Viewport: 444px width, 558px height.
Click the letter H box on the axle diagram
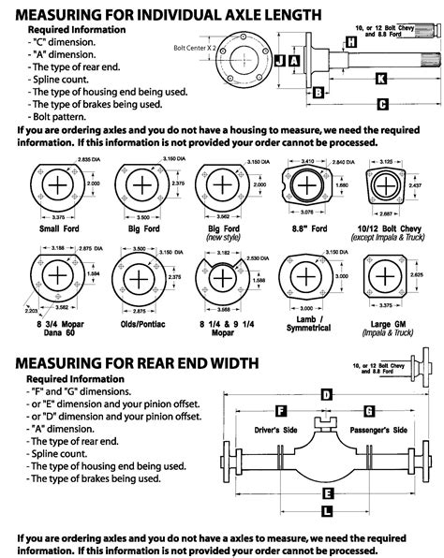[349, 43]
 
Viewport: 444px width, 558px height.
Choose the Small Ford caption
[58, 228]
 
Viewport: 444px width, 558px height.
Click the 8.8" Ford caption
[305, 228]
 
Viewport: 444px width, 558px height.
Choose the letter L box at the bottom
[324, 510]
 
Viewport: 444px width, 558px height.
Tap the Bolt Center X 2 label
[194, 46]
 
